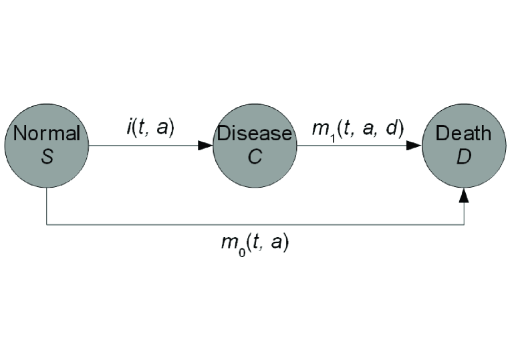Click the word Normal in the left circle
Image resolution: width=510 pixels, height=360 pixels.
(46, 133)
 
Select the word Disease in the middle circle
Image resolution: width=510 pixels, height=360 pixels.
(254, 133)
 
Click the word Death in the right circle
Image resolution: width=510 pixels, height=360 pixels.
(463, 133)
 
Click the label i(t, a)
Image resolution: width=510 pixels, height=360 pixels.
(150, 127)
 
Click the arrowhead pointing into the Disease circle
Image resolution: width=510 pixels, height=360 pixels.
(205, 145)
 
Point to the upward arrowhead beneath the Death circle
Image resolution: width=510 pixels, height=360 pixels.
(463, 193)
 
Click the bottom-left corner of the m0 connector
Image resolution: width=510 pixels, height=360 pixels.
(46, 225)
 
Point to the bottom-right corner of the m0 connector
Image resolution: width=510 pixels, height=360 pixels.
(463, 225)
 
